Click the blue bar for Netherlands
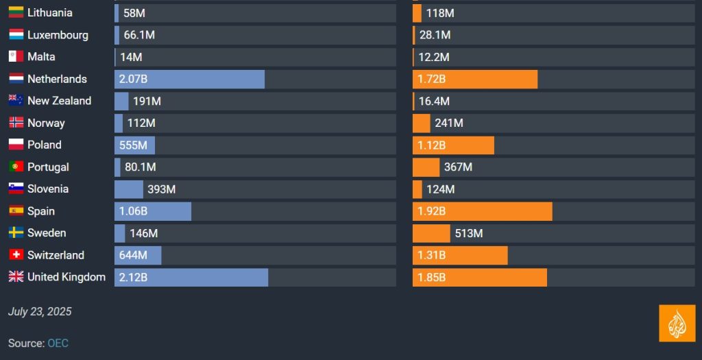189,79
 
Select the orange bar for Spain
482,211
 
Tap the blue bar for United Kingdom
191,277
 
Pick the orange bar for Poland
453,145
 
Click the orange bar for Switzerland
460,255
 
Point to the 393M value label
162,189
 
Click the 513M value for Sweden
469,233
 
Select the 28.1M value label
435,35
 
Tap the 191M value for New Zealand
147,101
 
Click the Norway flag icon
16,123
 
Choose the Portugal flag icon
16,167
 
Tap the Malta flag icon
16,56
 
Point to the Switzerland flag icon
16,255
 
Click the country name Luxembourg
58,35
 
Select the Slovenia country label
48,189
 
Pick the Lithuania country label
50,12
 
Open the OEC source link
58,343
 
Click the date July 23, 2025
40,311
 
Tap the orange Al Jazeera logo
677,323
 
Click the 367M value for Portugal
458,167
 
